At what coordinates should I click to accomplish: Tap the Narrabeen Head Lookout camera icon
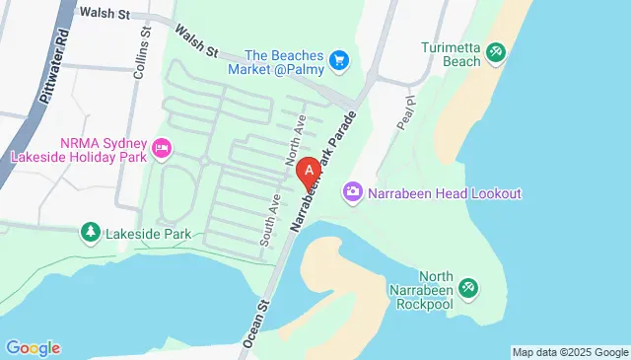[352, 192]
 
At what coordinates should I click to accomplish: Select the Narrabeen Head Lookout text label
[444, 193]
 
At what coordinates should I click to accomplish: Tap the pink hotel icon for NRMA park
[162, 150]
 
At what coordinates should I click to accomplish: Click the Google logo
[33, 347]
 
